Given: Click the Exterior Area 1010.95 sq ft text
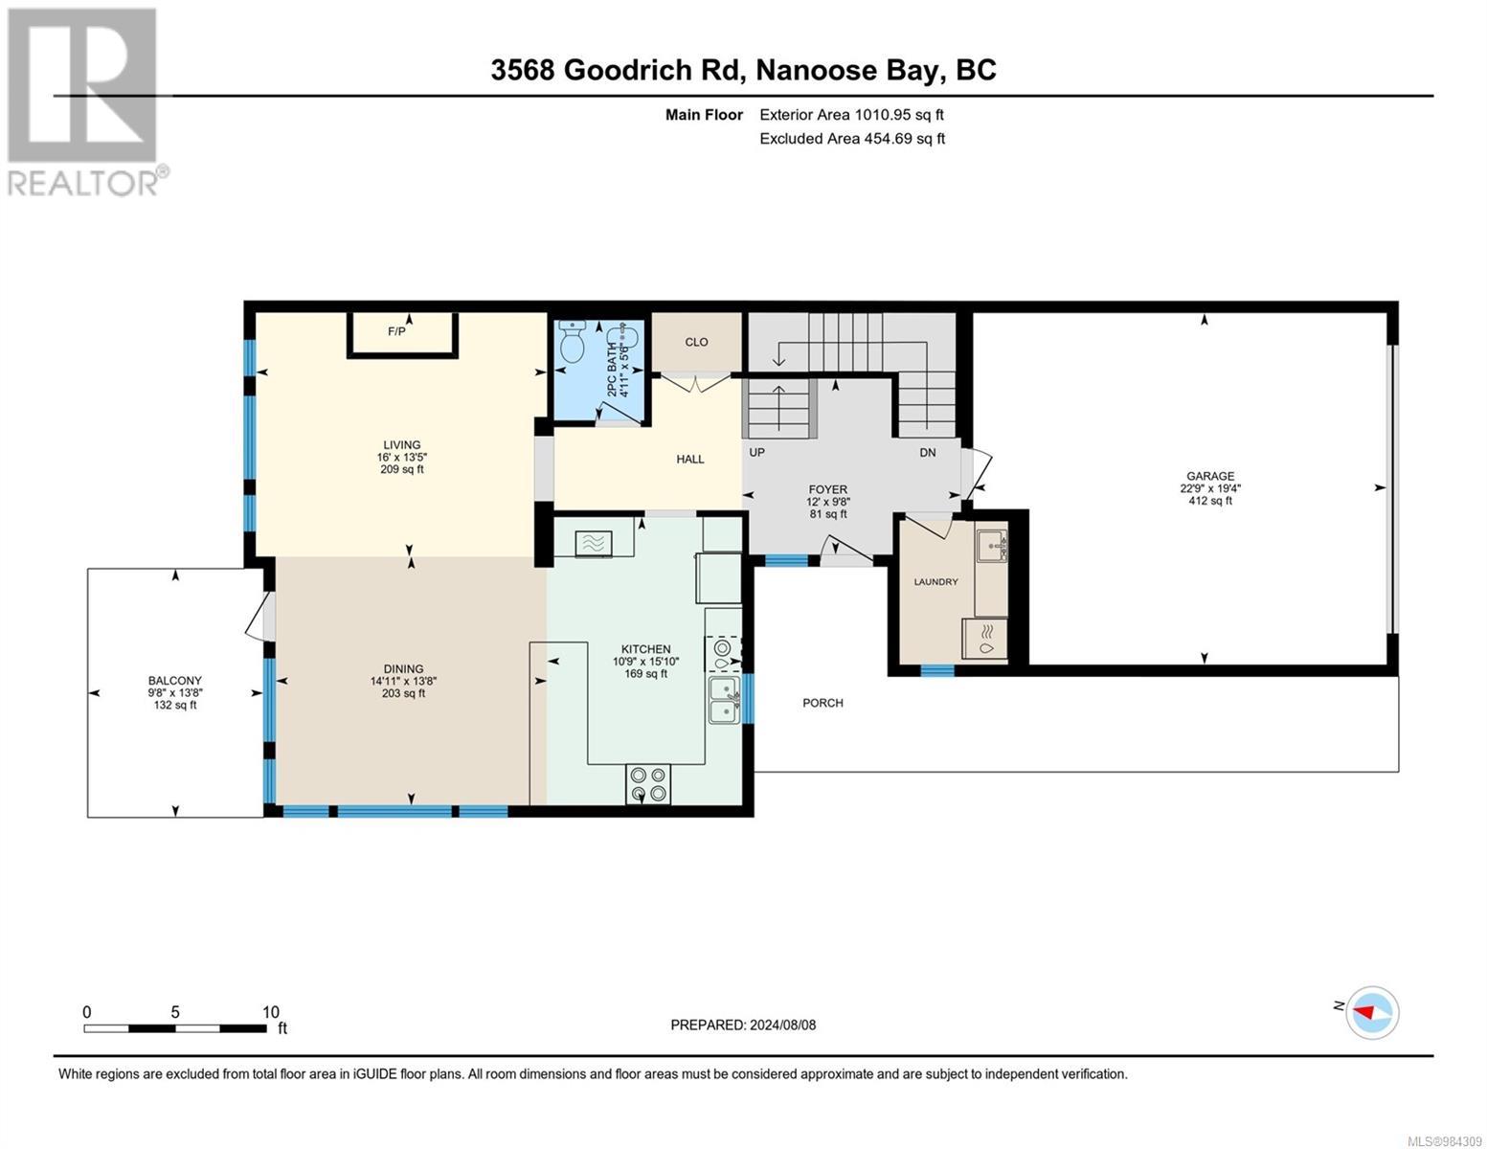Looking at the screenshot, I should pyautogui.click(x=851, y=115).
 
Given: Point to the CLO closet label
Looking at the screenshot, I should pyautogui.click(x=696, y=342).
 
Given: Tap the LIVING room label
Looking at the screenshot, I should pyautogui.click(x=401, y=445).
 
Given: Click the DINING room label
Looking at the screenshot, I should pyautogui.click(x=403, y=669).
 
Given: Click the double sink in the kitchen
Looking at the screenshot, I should pyautogui.click(x=725, y=700).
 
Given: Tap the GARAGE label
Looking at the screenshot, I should pyautogui.click(x=1210, y=476).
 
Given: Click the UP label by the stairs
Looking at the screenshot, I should pyautogui.click(x=756, y=452).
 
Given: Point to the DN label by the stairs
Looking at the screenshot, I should pyautogui.click(x=927, y=452).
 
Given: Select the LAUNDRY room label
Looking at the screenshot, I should pyautogui.click(x=935, y=581).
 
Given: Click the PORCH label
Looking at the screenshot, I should pyautogui.click(x=822, y=703).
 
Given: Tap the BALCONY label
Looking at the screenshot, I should pyautogui.click(x=174, y=681).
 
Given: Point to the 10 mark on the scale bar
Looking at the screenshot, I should pyautogui.click(x=271, y=1012).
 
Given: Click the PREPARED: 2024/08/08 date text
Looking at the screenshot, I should pyautogui.click(x=743, y=1025).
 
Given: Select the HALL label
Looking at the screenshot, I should pyautogui.click(x=690, y=460).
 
